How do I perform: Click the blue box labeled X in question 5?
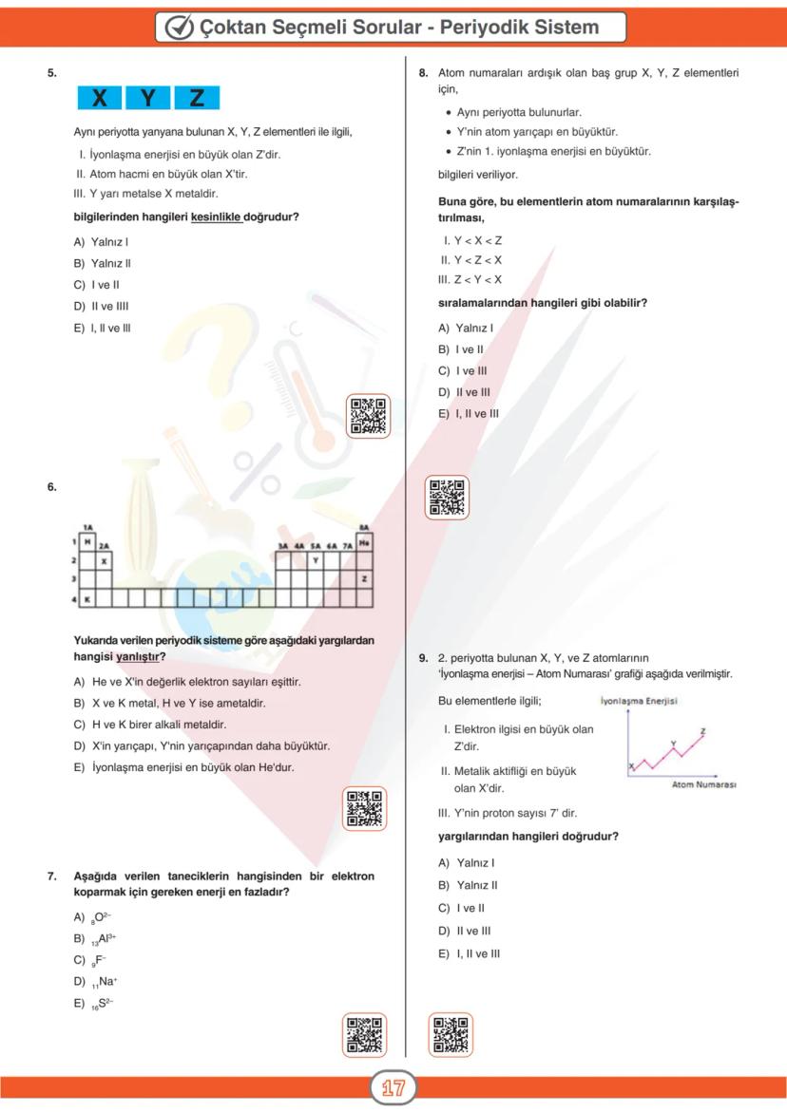pyautogui.click(x=100, y=98)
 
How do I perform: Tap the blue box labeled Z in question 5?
pyautogui.click(x=197, y=98)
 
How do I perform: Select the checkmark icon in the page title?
pyautogui.click(x=179, y=27)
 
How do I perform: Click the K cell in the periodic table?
pyautogui.click(x=87, y=599)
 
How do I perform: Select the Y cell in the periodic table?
pyautogui.click(x=315, y=560)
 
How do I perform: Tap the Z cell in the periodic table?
pyautogui.click(x=364, y=579)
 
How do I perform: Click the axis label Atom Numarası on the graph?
pyautogui.click(x=704, y=785)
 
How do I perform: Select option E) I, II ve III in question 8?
pyautogui.click(x=469, y=413)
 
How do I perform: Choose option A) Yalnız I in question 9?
pyautogui.click(x=467, y=862)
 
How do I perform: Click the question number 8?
pyautogui.click(x=423, y=72)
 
